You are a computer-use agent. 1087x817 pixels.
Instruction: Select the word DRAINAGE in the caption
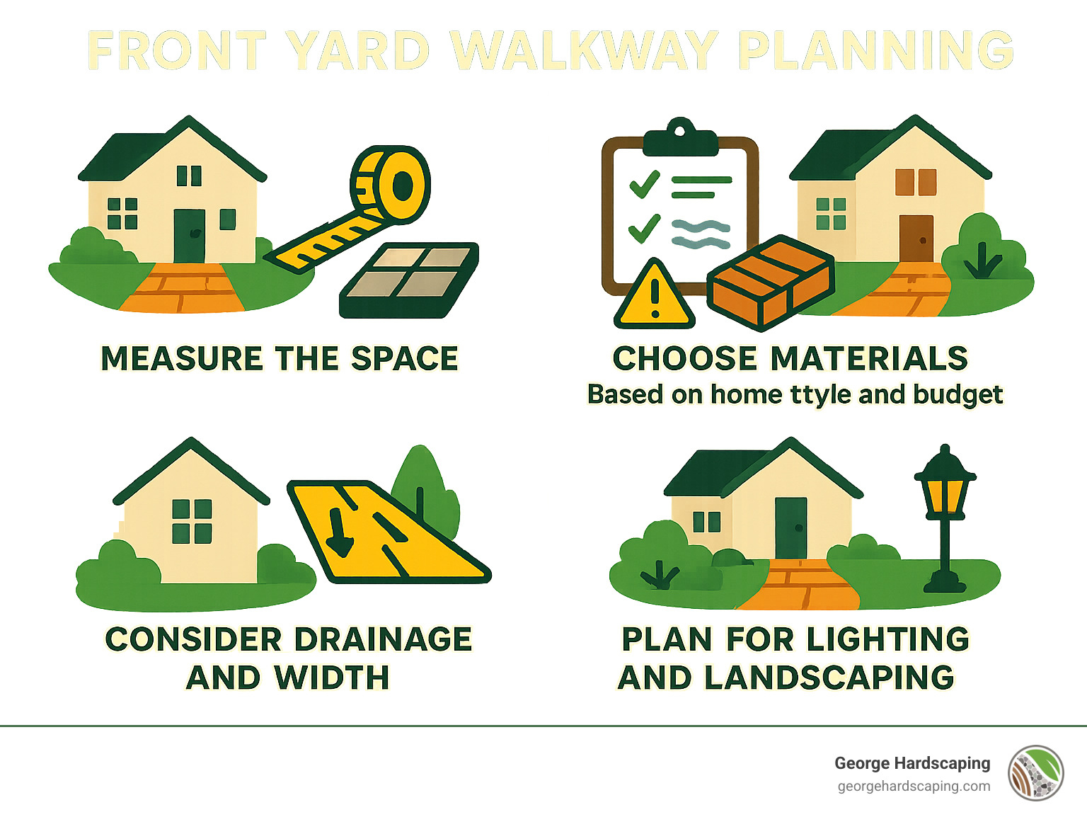[x=383, y=639]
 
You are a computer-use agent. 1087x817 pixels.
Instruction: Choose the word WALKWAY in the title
[x=585, y=51]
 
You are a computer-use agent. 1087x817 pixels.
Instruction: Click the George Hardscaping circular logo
[x=1036, y=773]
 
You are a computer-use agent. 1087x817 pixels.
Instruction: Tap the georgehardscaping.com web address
[x=914, y=787]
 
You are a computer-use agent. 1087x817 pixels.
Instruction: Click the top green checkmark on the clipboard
[x=645, y=184]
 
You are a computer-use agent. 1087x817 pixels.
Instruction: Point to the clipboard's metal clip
[x=680, y=139]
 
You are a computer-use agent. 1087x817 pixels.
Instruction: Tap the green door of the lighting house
[x=790, y=527]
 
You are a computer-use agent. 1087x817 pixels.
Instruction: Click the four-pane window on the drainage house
[x=192, y=521]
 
